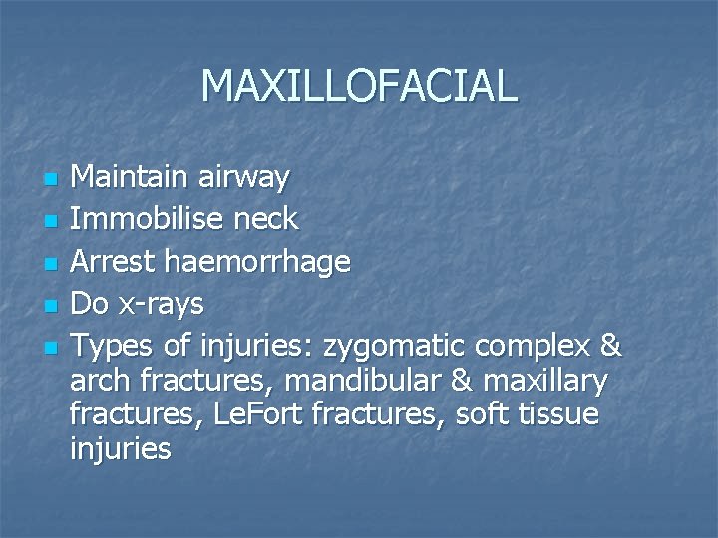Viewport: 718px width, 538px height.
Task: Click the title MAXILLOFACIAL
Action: tap(359, 86)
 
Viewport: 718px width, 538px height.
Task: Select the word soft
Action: tap(482, 413)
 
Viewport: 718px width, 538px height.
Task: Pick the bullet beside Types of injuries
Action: tap(53, 348)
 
